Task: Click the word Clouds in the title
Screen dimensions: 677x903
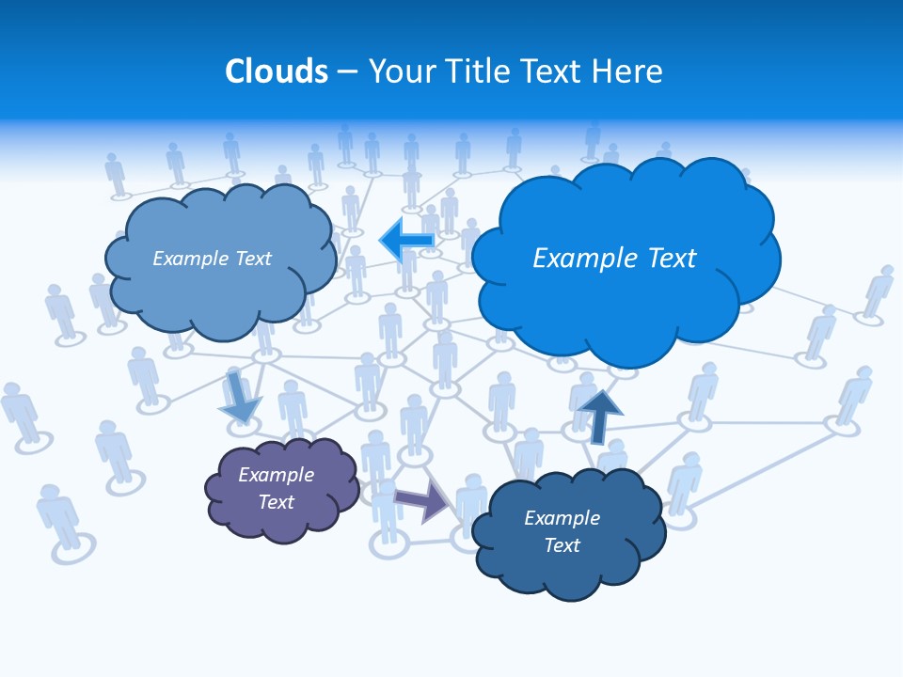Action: coord(277,71)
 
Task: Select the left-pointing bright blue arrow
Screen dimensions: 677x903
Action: coord(406,241)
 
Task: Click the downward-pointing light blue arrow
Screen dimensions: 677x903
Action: coord(239,398)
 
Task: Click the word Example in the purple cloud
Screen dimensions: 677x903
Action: coord(276,475)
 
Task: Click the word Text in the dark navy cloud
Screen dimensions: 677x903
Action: coord(562,545)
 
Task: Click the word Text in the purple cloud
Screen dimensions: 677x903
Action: coord(276,502)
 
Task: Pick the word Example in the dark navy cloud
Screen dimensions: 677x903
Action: coord(562,518)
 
